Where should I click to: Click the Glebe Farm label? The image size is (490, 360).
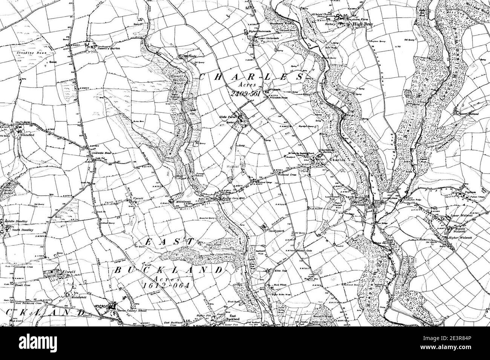[x=227, y=117]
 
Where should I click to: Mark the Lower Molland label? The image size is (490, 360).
[x=467, y=113]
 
